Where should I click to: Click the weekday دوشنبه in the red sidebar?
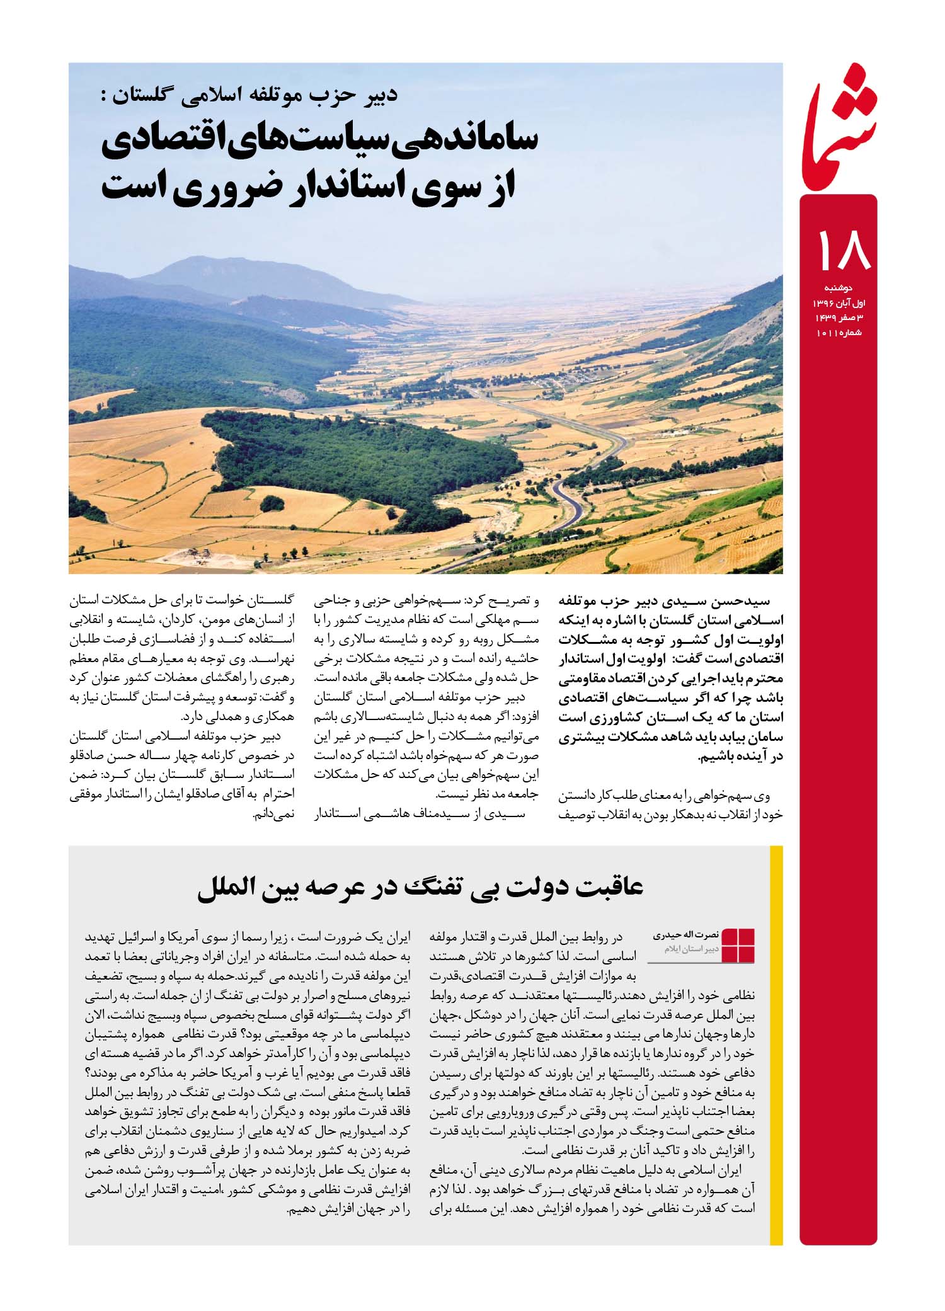click(x=844, y=292)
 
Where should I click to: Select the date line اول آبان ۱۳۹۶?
click(x=838, y=306)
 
